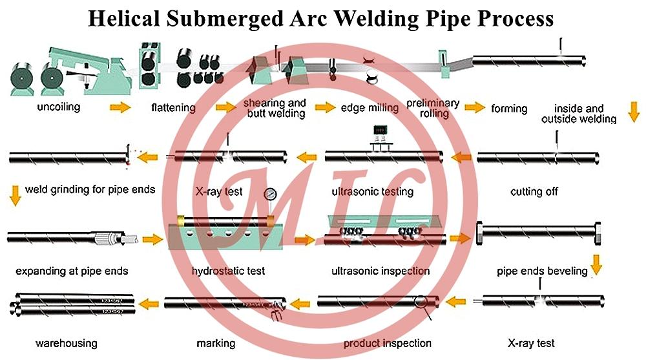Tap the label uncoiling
coord(57,107)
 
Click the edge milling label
coord(370,108)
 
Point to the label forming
coord(509,109)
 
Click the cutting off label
coord(534,191)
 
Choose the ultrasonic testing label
coord(372,192)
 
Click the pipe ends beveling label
coord(542,271)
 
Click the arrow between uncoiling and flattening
coord(120,107)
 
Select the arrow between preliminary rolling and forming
coord(475,107)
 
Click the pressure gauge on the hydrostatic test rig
coord(269,193)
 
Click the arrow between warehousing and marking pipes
coord(150,302)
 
